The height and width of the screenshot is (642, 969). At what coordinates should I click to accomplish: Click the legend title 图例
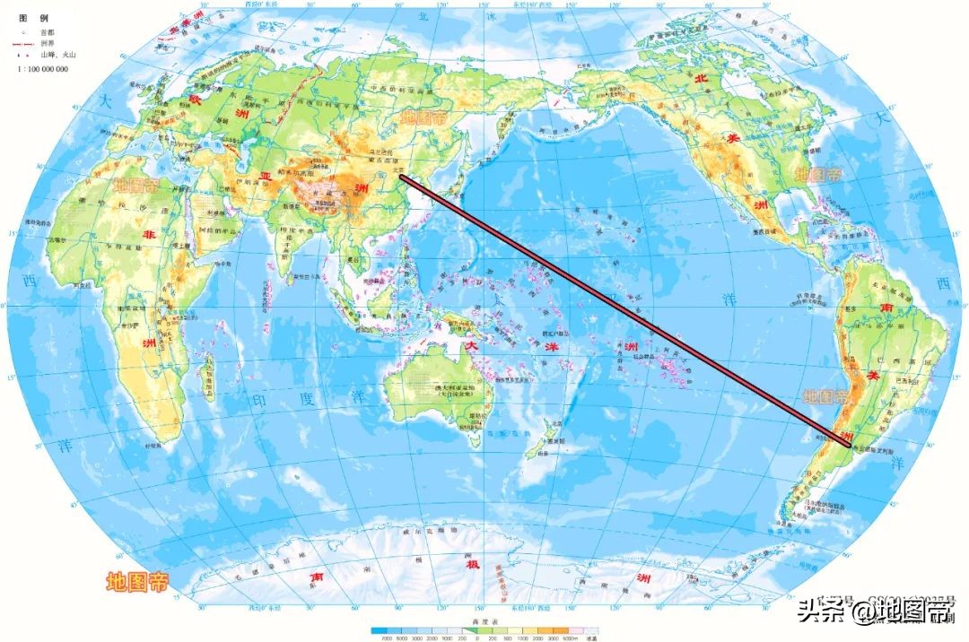point(25,17)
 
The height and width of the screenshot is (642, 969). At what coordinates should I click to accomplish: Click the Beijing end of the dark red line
point(401,177)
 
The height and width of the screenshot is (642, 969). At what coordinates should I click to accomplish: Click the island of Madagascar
point(207,377)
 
